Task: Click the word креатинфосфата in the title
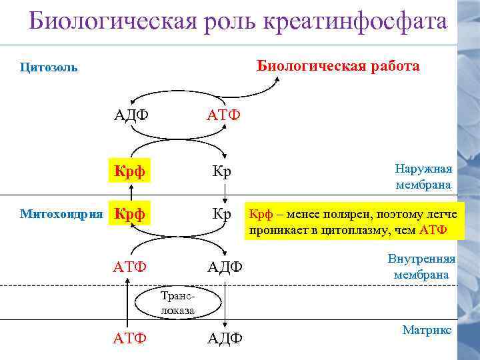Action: pyautogui.click(x=356, y=21)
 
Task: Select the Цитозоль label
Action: pyautogui.click(x=49, y=67)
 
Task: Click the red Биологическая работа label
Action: pyautogui.click(x=339, y=66)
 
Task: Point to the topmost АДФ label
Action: pyautogui.click(x=131, y=115)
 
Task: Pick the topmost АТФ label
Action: pyautogui.click(x=223, y=115)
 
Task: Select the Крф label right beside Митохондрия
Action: pyautogui.click(x=130, y=215)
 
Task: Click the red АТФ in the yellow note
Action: pyautogui.click(x=433, y=231)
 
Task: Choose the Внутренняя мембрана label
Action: pyautogui.click(x=421, y=267)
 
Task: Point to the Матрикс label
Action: pyautogui.click(x=427, y=330)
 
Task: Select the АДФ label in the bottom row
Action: pyautogui.click(x=225, y=338)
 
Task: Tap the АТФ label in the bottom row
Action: pyautogui.click(x=130, y=338)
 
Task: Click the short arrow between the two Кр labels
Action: pyautogui.click(x=225, y=193)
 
